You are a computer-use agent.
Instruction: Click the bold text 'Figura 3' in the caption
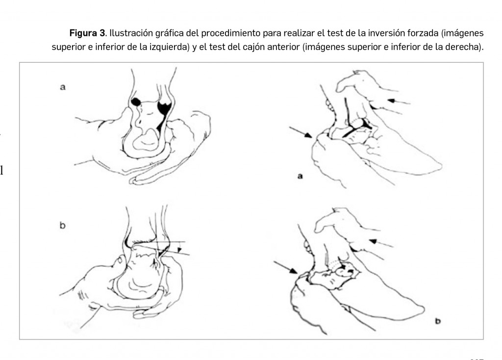tap(87, 34)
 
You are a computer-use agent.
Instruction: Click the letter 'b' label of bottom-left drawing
tap(62, 227)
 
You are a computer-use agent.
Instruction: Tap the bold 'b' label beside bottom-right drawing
tap(437, 322)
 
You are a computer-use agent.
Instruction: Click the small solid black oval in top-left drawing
tap(136, 102)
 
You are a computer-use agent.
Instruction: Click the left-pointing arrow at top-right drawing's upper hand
tap(398, 101)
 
